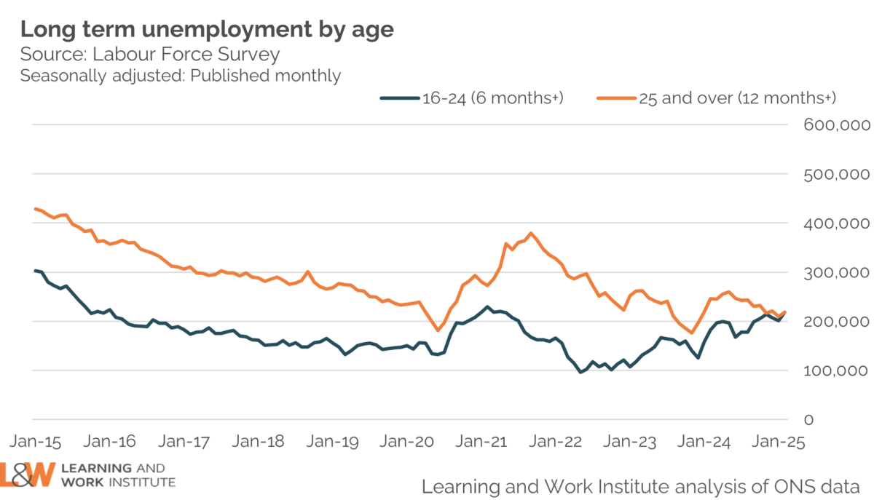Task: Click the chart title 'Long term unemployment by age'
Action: (207, 29)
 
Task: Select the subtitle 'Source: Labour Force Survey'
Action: (150, 55)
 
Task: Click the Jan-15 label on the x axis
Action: (35, 442)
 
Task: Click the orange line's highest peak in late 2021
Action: (531, 233)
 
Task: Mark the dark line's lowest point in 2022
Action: (580, 373)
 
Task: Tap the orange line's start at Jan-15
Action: (35, 209)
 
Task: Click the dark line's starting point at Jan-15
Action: (35, 270)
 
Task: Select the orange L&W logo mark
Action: (28, 474)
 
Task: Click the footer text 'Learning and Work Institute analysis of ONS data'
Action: (641, 485)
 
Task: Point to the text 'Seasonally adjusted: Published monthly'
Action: (181, 76)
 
